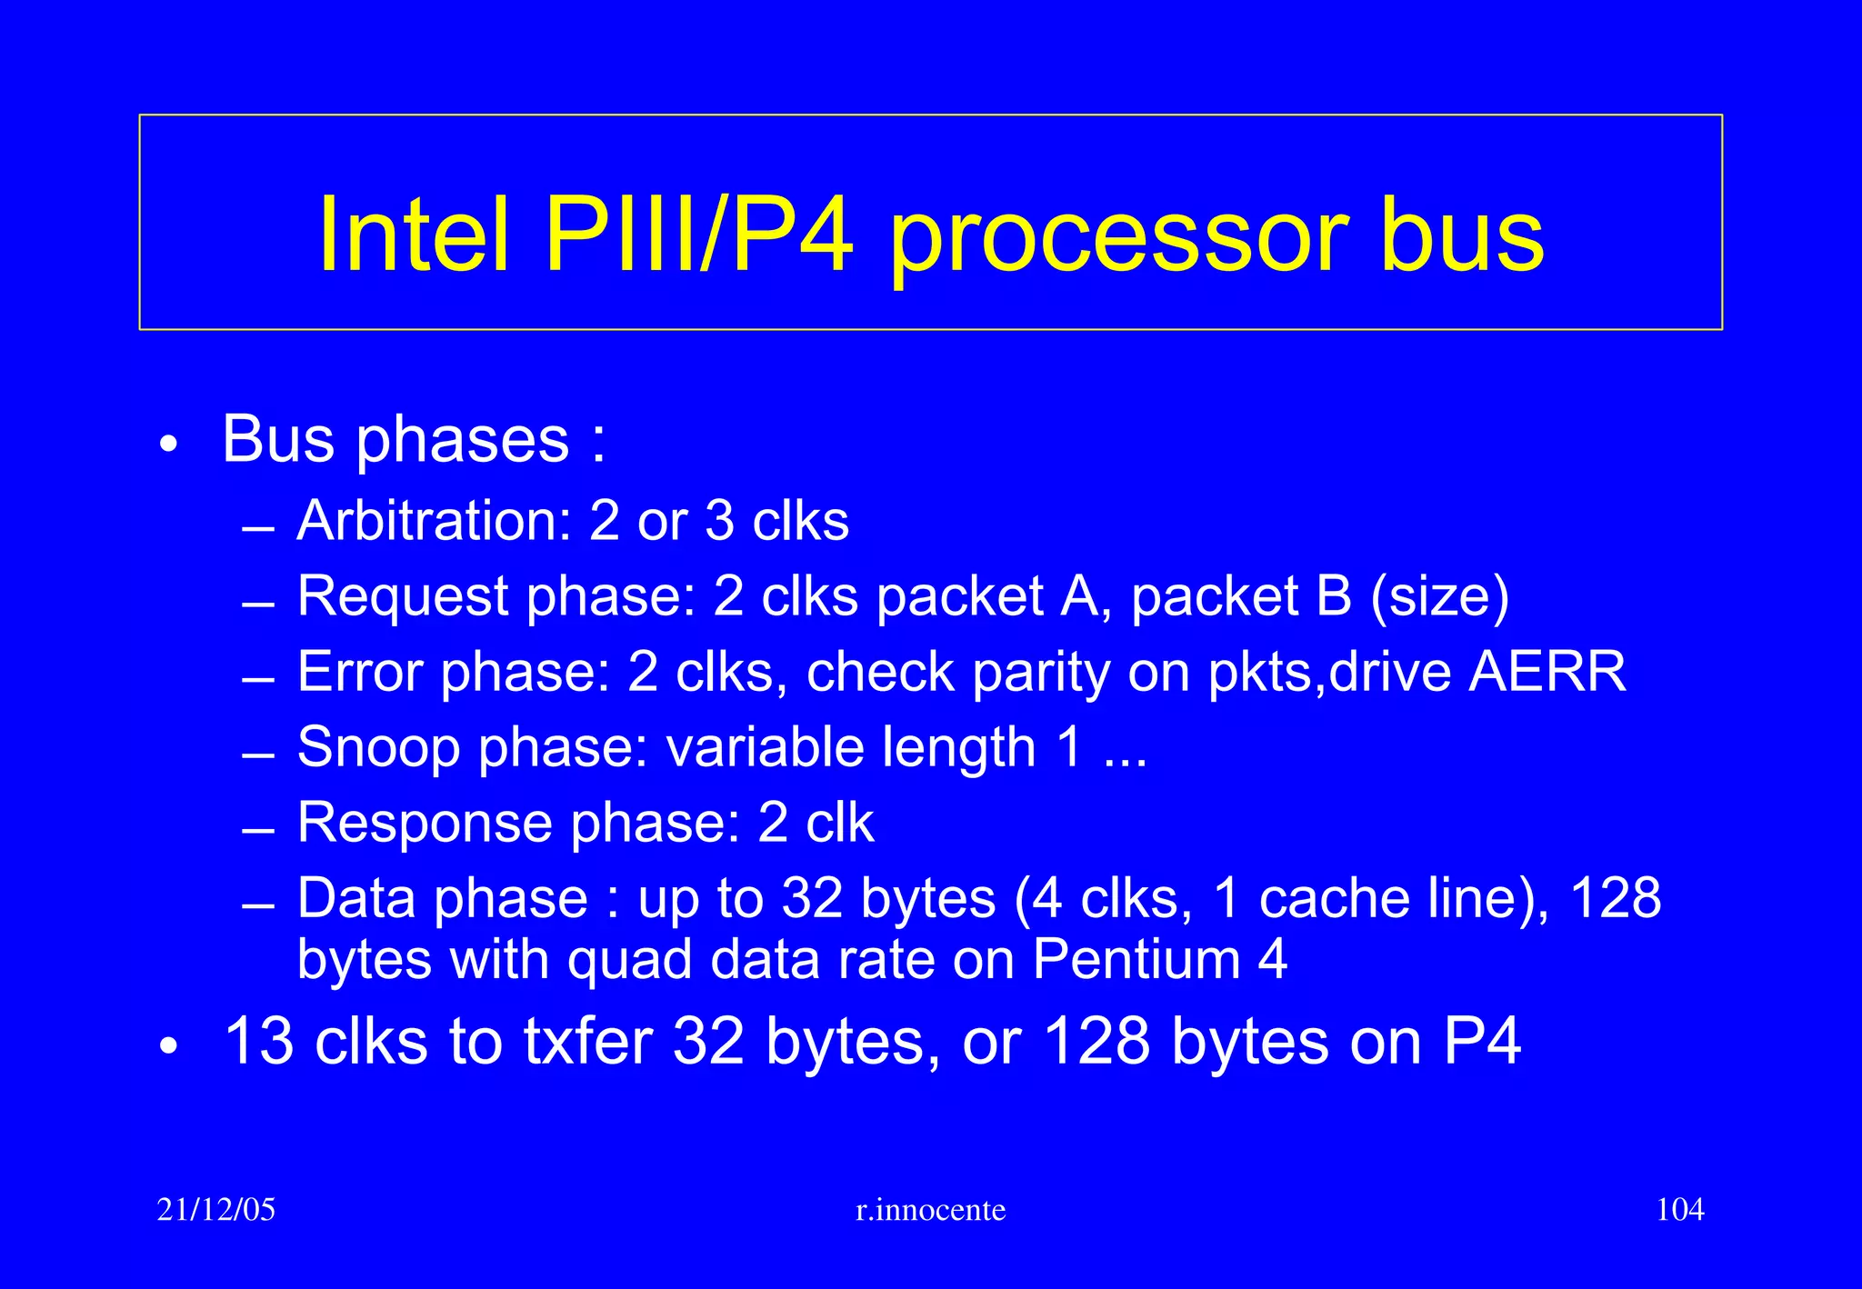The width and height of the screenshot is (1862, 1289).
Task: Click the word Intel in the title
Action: [414, 235]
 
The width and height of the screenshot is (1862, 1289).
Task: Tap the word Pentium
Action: [1136, 960]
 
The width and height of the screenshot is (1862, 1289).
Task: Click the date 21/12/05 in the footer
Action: [216, 1210]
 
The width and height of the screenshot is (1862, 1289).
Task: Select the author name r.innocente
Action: [931, 1210]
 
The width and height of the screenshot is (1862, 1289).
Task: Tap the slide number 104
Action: [1679, 1210]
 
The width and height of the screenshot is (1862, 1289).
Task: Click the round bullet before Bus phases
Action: [168, 445]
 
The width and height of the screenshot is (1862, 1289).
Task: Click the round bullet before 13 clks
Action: [168, 1047]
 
